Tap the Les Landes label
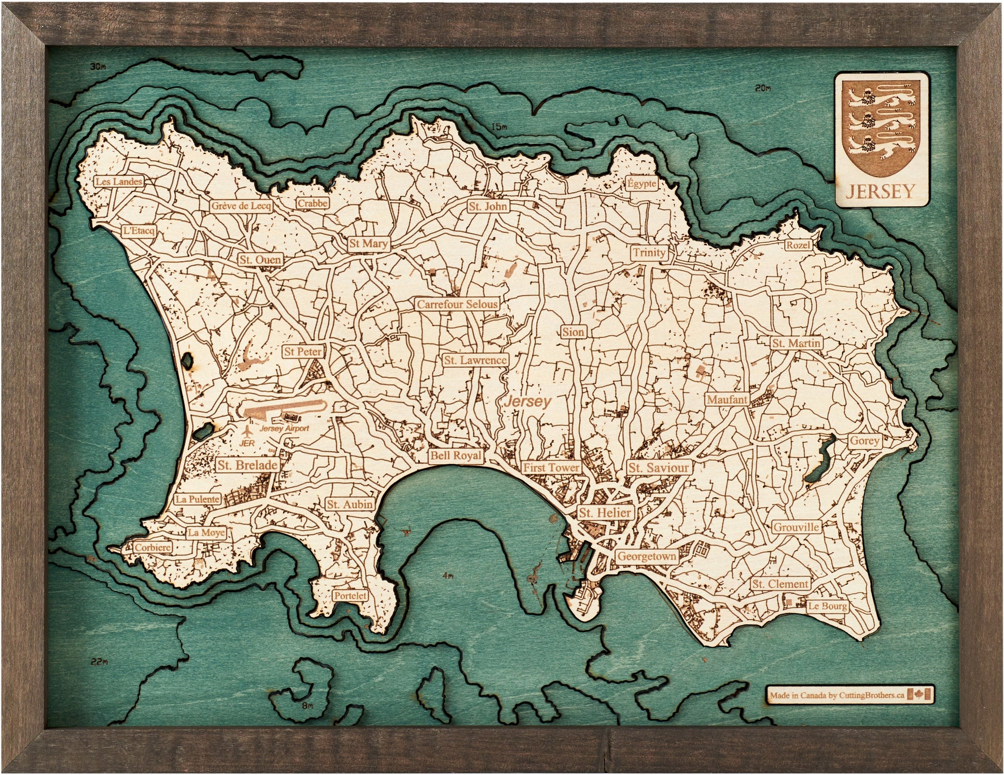[x=119, y=181]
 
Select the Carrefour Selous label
[x=457, y=304]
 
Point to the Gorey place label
[x=864, y=441]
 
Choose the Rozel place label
[x=798, y=245]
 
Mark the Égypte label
[x=641, y=184]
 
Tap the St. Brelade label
[x=247, y=465]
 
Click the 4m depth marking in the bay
[x=447, y=577]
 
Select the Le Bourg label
[x=827, y=606]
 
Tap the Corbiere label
[x=153, y=548]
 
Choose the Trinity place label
[x=649, y=252]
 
